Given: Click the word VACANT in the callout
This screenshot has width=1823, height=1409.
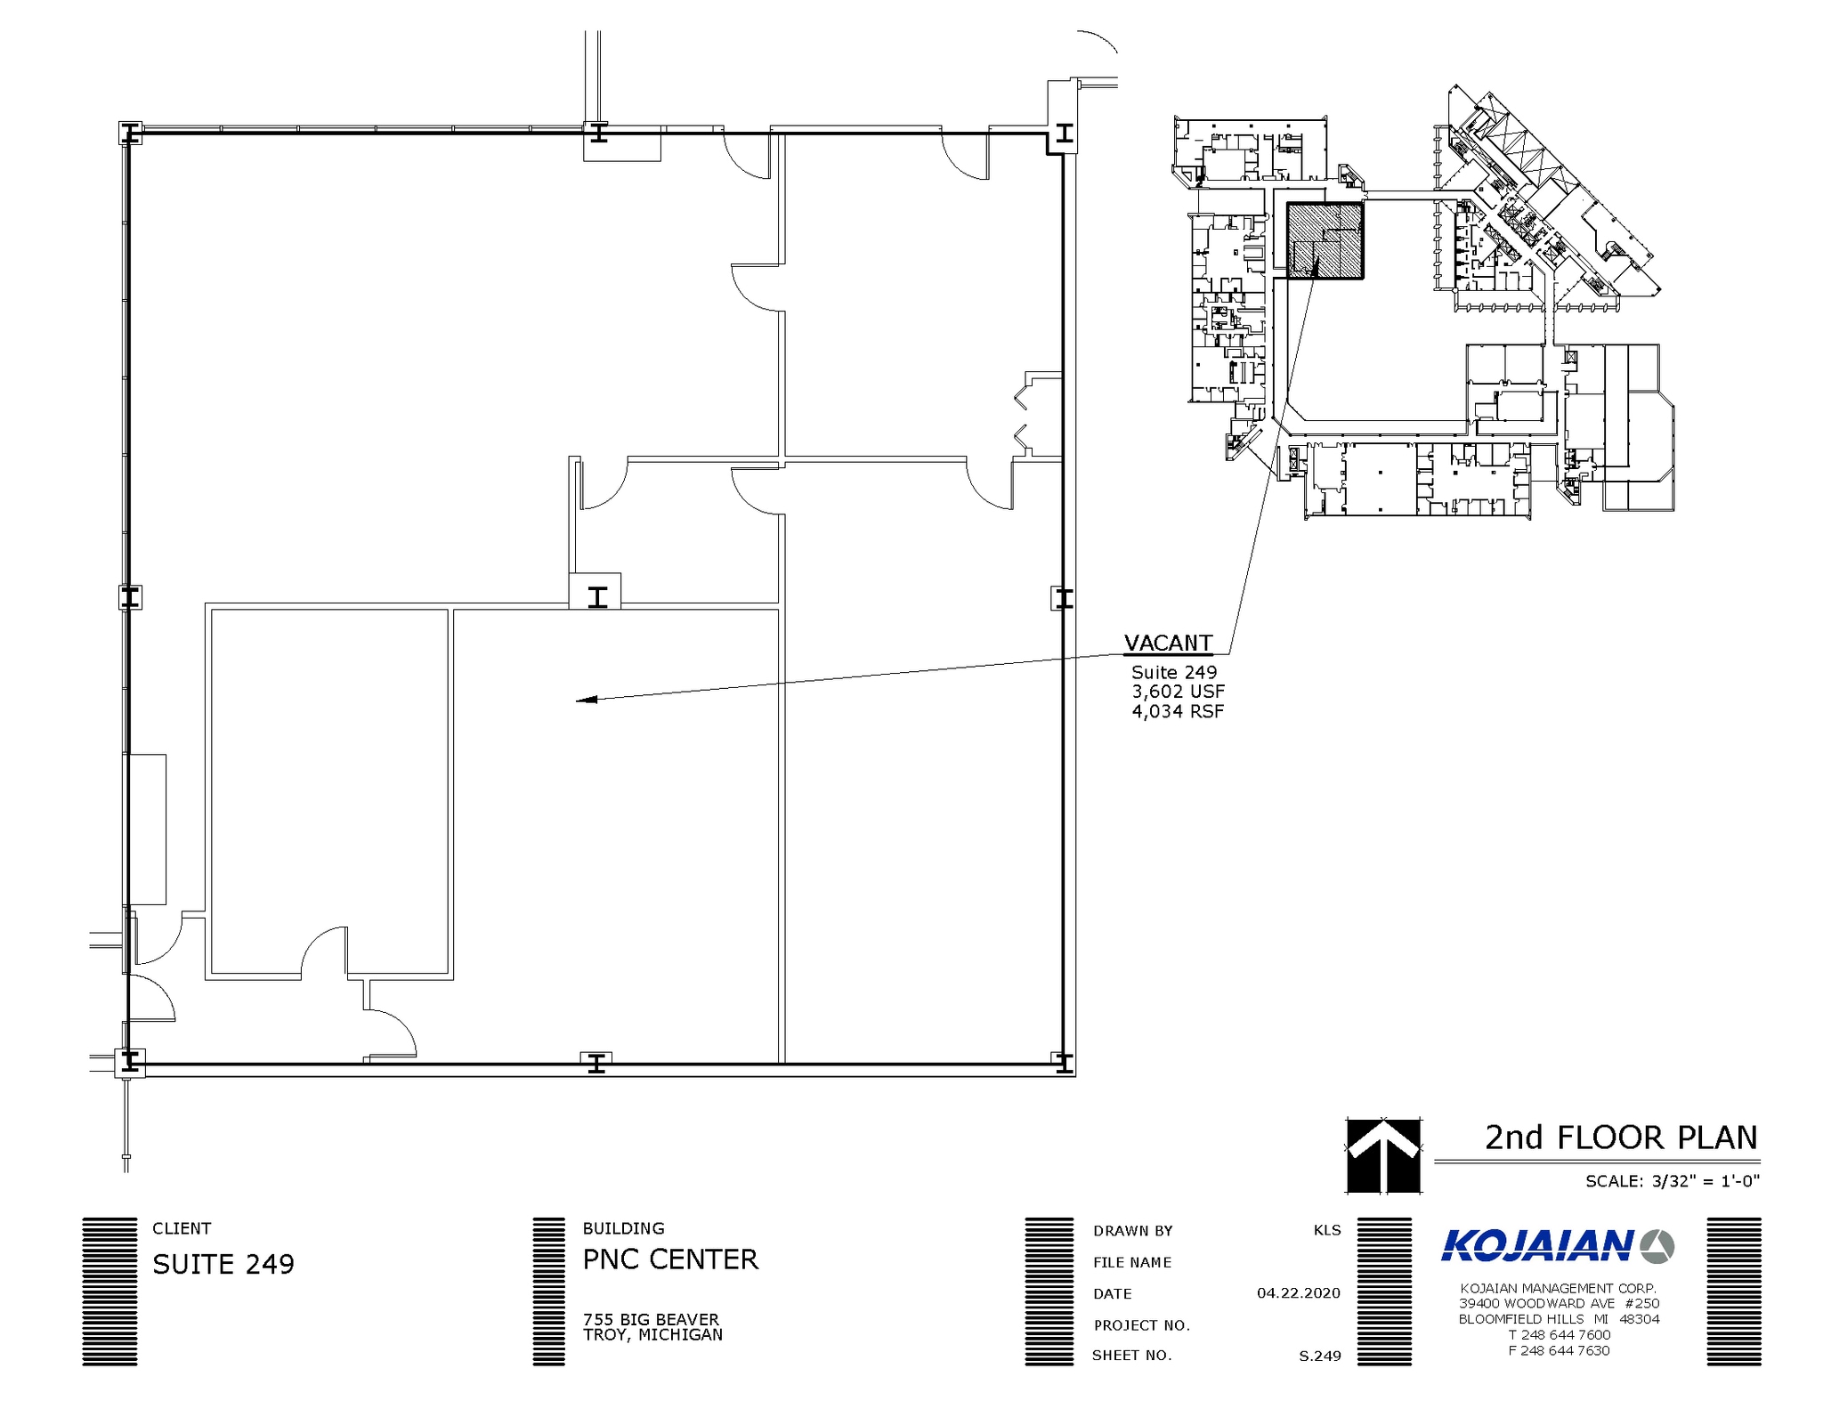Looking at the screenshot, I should (1167, 643).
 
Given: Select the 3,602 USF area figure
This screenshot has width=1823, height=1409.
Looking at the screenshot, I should (1178, 692).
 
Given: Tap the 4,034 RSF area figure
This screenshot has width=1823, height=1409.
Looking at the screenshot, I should (1178, 711).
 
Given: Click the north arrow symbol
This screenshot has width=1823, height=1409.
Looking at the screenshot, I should (1382, 1154).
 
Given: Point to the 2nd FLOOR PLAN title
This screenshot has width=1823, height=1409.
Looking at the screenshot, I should (1620, 1138).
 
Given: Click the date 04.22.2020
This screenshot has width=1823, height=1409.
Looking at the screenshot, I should (1298, 1293).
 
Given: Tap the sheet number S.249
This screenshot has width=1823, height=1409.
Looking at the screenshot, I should (1319, 1356).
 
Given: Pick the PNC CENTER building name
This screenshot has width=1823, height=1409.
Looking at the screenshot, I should (670, 1259).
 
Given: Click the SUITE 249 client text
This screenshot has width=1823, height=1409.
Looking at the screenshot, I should (223, 1264).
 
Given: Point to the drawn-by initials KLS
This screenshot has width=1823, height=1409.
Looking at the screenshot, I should (1326, 1230).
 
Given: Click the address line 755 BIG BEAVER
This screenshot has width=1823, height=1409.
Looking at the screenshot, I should (651, 1319).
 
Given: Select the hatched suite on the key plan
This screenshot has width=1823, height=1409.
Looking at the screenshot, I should (1325, 241).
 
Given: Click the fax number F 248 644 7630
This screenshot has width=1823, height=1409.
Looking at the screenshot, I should (1559, 1350).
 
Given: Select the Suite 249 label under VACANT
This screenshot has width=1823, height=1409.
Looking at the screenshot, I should (1173, 672).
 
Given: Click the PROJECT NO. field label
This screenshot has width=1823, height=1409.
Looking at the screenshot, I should (1141, 1325).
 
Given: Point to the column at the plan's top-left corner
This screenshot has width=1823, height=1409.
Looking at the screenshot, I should (130, 134).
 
